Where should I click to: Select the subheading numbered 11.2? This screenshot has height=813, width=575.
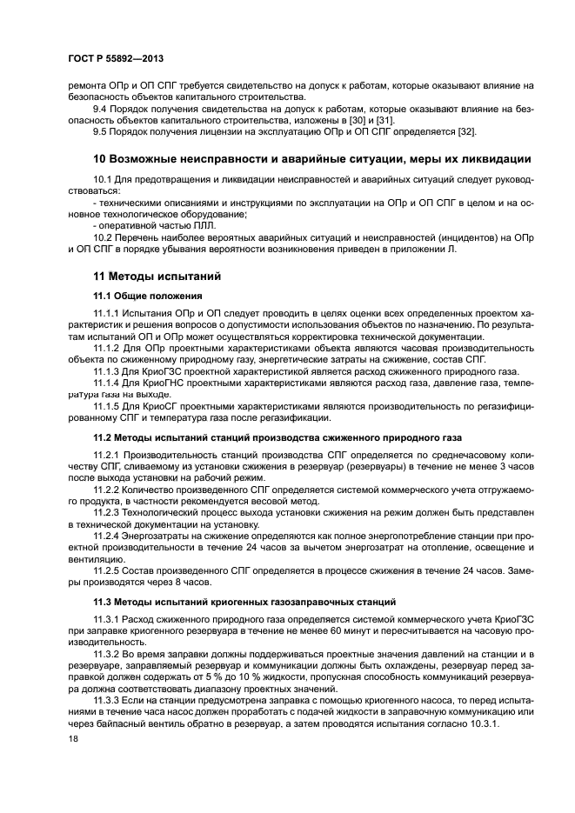[278, 436]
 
